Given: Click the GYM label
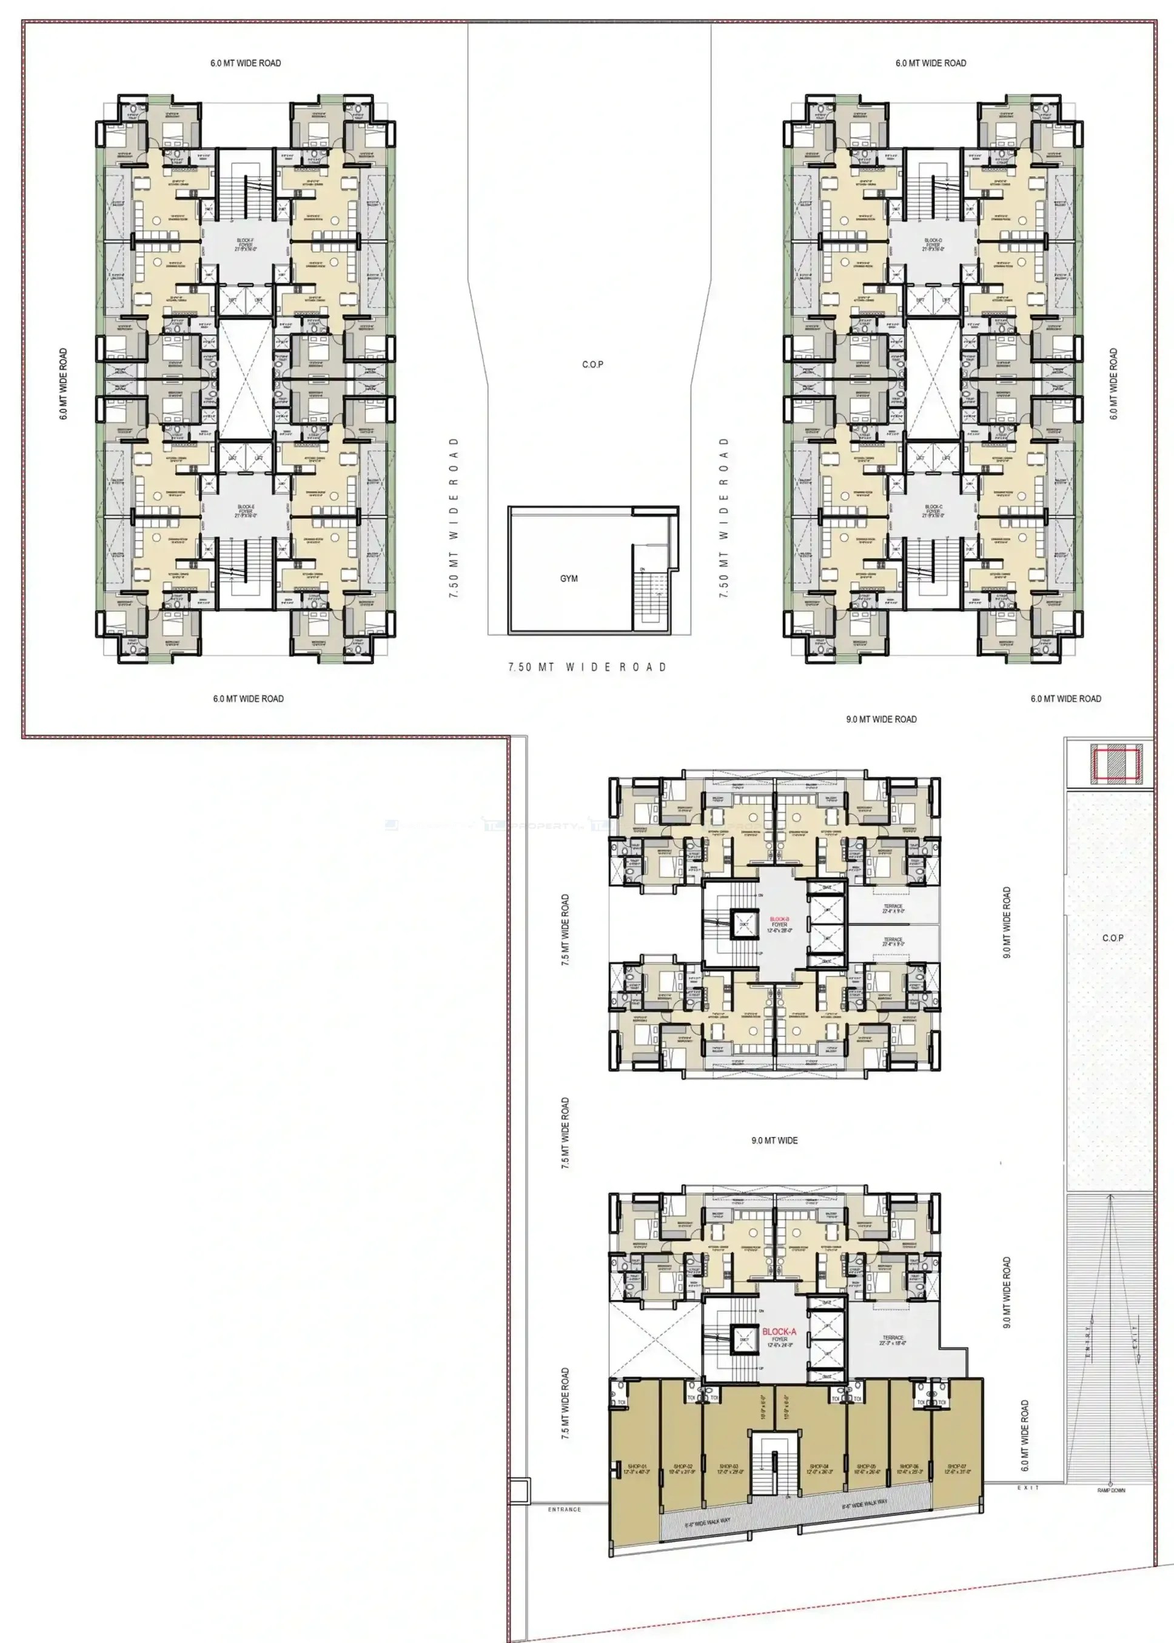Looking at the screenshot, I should (x=569, y=579).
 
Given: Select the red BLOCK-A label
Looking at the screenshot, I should (x=779, y=1331).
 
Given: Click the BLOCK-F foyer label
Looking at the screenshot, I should (x=246, y=245).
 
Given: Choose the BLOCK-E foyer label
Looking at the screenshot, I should (x=246, y=511).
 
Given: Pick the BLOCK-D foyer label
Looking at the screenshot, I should (x=933, y=245).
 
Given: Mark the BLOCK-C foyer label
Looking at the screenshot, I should (x=933, y=511).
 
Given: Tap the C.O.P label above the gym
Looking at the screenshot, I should (x=593, y=365).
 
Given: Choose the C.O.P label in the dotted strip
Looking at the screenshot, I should (x=1113, y=938).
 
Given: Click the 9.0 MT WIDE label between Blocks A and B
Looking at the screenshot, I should (x=774, y=1140).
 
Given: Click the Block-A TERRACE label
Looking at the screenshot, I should (x=893, y=1338).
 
